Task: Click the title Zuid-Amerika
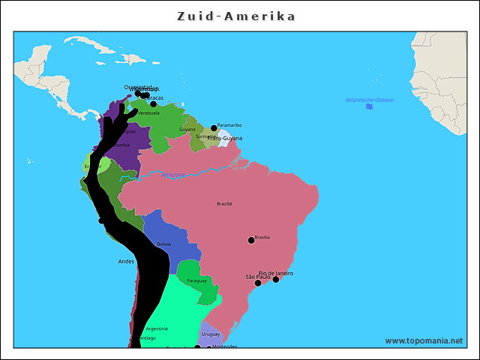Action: (236, 16)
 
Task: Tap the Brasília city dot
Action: (251, 241)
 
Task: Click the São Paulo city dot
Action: (258, 283)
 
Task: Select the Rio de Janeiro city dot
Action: (275, 280)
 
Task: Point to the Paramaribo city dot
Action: (214, 128)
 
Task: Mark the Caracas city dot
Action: (154, 104)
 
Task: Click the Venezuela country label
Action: (148, 113)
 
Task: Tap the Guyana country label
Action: (187, 130)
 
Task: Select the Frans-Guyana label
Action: (225, 138)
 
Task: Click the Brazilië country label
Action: (224, 203)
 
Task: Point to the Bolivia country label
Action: (163, 244)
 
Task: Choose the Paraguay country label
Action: (196, 280)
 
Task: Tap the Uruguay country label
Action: (211, 334)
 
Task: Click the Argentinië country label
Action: (157, 328)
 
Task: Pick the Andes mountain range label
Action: (126, 261)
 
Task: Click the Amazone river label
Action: (173, 175)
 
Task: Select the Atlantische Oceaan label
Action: (369, 100)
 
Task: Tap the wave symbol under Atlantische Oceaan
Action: (369, 107)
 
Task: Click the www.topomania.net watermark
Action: (424, 340)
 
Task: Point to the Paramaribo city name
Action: (229, 125)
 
